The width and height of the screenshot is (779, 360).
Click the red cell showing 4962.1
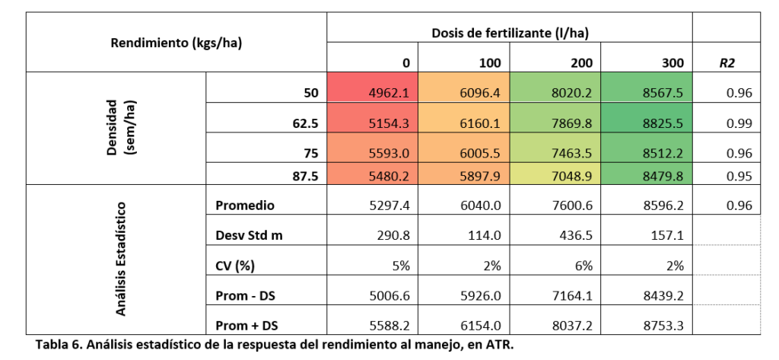pyautogui.click(x=389, y=94)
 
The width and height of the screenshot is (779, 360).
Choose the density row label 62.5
pyautogui.click(x=300, y=123)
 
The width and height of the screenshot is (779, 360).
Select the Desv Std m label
pyautogui.click(x=249, y=235)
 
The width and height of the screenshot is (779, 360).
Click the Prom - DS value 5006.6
pyautogui.click(x=389, y=295)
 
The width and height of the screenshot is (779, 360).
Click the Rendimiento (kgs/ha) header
pyautogui.click(x=176, y=43)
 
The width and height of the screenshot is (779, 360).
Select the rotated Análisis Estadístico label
pyautogui.click(x=119, y=259)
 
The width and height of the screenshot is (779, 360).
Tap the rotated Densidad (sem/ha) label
pyautogui.click(x=118, y=127)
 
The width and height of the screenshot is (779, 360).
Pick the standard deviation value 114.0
pyautogui.click(x=483, y=235)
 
